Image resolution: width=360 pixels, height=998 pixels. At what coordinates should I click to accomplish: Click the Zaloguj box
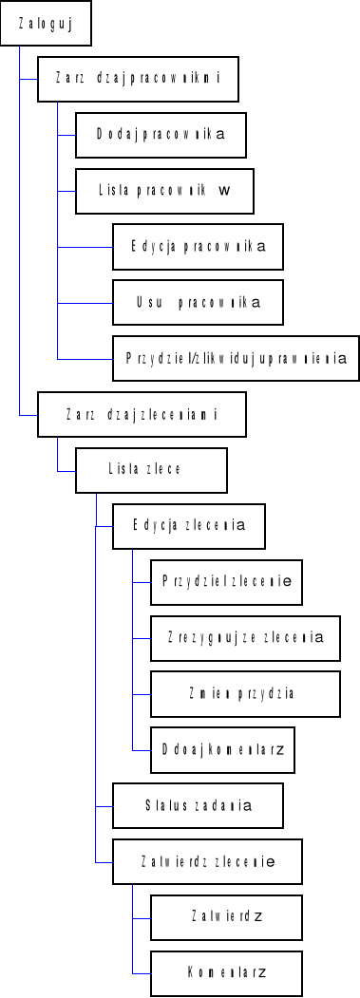[46, 24]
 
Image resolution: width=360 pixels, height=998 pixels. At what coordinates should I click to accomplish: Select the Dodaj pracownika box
[161, 134]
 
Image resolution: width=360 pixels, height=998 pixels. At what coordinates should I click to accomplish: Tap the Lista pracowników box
[164, 190]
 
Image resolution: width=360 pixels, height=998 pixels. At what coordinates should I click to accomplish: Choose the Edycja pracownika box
[198, 245]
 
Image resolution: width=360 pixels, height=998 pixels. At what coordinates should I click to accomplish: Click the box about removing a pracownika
[198, 302]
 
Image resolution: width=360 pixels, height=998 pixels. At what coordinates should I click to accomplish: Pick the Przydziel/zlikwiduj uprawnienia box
[236, 358]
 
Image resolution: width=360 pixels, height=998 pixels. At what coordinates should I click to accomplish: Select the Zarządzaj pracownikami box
[137, 79]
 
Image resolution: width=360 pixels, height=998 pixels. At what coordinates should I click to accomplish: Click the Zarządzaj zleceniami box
[142, 413]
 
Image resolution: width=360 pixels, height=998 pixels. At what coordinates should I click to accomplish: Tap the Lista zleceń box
[151, 468]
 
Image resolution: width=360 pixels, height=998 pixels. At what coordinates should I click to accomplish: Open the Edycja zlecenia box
[188, 524]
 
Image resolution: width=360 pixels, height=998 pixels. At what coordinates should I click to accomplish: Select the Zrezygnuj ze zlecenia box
[245, 636]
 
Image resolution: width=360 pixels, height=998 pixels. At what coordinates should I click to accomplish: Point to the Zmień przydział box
[245, 692]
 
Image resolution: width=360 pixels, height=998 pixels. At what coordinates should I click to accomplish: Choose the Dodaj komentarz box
[222, 748]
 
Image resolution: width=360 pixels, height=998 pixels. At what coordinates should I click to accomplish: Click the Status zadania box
[198, 804]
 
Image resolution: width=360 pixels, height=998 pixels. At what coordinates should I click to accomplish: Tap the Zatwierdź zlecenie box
[207, 860]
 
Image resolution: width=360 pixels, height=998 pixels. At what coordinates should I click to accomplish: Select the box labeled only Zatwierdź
[226, 916]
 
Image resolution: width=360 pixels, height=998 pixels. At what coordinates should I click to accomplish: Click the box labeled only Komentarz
[226, 971]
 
